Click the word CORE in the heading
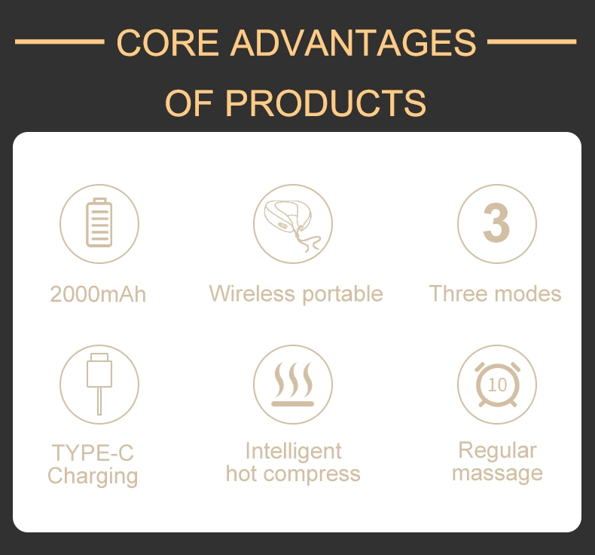[167, 42]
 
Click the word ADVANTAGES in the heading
[353, 42]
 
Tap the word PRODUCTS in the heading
[326, 103]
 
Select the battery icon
[99, 222]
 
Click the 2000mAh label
[98, 294]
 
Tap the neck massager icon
[292, 225]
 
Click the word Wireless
[252, 293]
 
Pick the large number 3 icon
[496, 222]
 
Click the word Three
[459, 293]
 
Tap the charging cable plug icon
[99, 384]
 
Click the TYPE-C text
[93, 452]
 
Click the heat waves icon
[292, 384]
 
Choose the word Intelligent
[293, 452]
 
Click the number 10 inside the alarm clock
[497, 385]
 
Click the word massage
[498, 474]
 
